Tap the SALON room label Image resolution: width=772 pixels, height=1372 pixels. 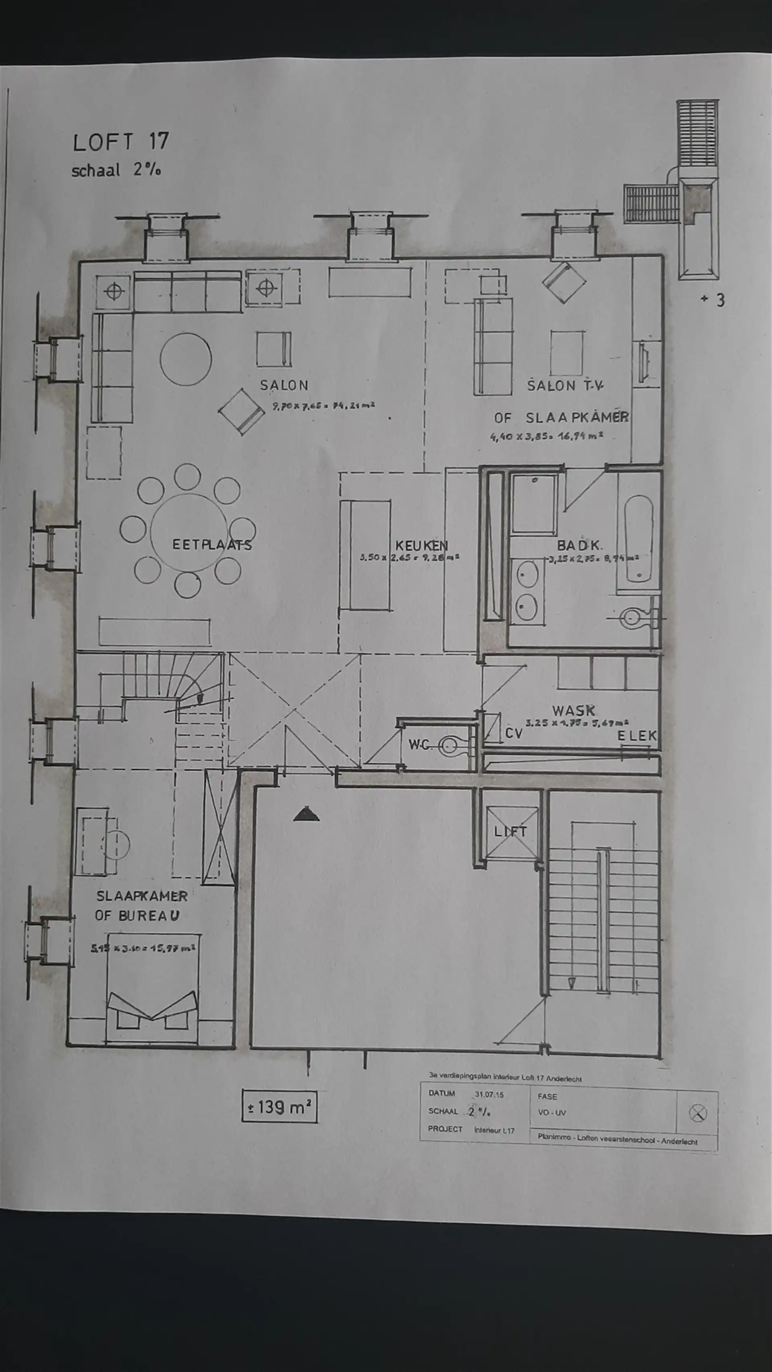284,385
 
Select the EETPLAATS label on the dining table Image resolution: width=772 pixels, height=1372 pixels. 211,545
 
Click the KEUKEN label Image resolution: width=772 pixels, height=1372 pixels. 421,546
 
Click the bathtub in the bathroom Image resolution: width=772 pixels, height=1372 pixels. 638,538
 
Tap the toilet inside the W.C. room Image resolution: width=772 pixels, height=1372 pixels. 451,746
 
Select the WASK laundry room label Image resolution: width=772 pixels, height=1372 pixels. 574,710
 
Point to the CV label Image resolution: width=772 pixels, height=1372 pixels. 513,733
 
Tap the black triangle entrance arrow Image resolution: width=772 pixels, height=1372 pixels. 306,814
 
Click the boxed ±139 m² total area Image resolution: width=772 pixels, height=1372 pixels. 279,1107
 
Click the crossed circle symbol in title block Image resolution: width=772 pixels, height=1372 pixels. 697,1113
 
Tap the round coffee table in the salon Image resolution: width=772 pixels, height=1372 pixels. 185,359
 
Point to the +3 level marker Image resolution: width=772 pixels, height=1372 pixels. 713,300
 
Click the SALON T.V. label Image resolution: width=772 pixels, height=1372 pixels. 565,386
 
